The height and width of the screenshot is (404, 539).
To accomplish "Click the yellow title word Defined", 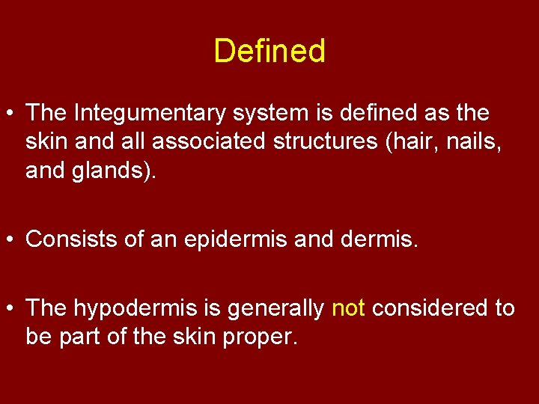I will coord(269,52).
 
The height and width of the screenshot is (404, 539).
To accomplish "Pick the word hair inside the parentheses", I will coord(405,142).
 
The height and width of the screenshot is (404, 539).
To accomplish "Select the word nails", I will coord(474,142).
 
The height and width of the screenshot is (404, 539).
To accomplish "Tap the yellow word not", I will coord(347,308).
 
